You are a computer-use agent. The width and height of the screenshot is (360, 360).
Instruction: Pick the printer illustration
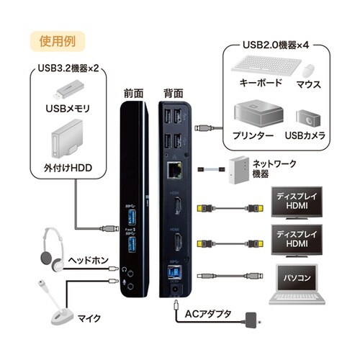point(253,115)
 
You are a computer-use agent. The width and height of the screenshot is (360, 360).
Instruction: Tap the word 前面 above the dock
point(133,93)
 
